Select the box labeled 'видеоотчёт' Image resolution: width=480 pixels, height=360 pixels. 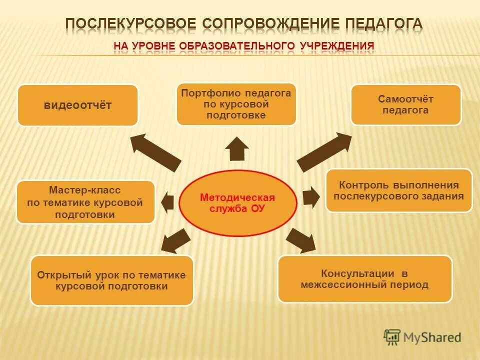(77, 105)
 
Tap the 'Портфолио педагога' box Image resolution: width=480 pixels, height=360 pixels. (236, 104)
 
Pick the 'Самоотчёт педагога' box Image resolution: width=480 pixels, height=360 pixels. (405, 105)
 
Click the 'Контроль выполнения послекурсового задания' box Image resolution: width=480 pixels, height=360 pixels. (399, 190)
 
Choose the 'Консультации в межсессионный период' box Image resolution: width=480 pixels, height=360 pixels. (364, 279)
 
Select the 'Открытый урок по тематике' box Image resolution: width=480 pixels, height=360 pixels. (111, 280)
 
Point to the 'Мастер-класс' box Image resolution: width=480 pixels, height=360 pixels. (85, 202)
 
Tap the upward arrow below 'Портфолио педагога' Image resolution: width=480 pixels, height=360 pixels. (237, 149)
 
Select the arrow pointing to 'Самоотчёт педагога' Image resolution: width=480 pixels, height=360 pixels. (324, 151)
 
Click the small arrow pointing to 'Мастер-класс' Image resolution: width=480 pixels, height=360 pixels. (168, 201)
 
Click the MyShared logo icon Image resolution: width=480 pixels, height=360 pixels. (392, 337)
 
